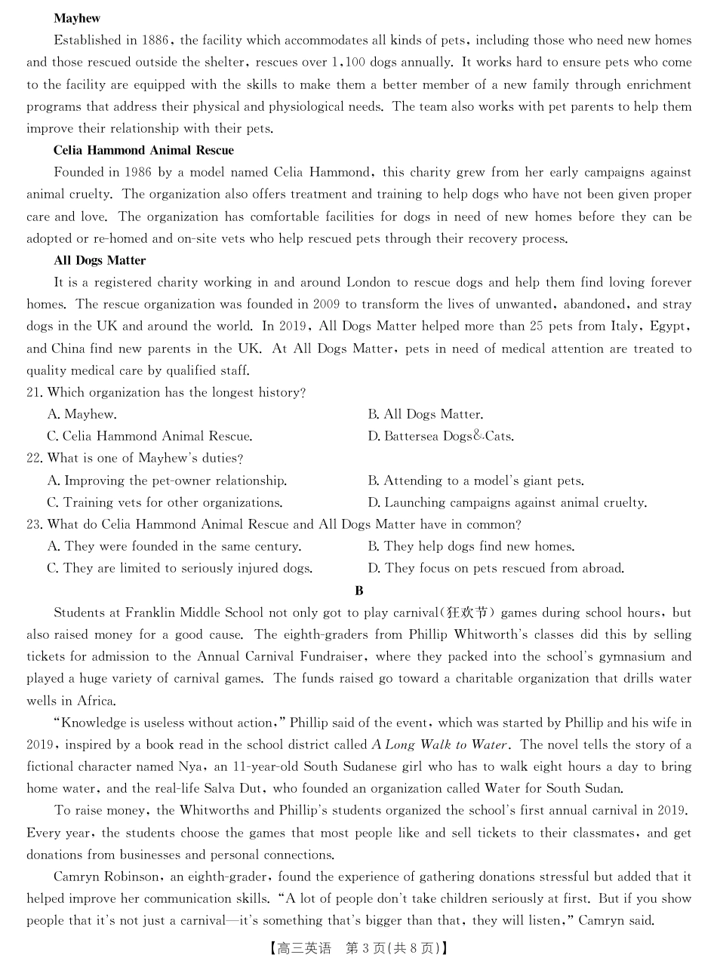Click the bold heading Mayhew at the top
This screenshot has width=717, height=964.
77,18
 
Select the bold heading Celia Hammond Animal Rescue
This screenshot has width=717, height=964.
143,150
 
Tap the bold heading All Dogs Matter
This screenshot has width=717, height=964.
100,260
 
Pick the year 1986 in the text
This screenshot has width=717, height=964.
137,173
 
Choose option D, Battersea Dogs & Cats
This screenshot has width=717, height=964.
441,437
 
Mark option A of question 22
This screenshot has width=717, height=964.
167,480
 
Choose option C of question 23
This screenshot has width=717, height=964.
180,569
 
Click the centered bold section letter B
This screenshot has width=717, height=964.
359,591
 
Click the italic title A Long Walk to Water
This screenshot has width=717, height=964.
439,745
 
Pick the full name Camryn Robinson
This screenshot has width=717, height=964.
106,877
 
